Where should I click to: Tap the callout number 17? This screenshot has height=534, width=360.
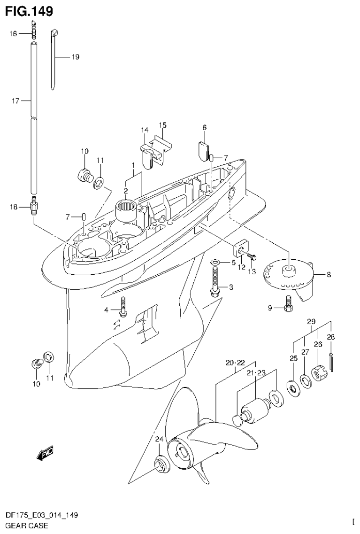click(x=15, y=101)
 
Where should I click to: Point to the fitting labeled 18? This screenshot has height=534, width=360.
click(x=34, y=207)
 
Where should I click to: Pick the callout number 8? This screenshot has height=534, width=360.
click(x=329, y=275)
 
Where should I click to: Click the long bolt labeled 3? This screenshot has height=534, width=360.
click(x=215, y=282)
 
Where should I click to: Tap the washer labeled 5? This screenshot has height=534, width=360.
click(x=214, y=261)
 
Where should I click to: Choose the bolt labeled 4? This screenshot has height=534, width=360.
click(x=123, y=307)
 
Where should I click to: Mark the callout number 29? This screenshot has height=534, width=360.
click(x=311, y=322)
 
